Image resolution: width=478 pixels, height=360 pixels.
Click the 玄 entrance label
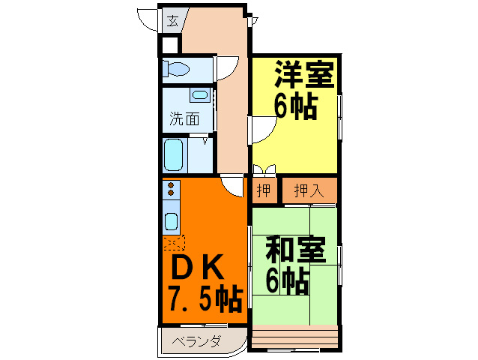(172, 21)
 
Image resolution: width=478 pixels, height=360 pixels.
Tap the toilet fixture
(176, 69)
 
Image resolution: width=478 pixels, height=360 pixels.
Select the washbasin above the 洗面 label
(200, 95)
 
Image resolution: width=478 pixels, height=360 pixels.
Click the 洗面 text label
(184, 118)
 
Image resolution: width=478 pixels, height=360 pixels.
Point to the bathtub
(174, 154)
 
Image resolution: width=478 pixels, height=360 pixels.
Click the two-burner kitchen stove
(171, 189)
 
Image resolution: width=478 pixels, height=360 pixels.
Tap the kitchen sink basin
(171, 221)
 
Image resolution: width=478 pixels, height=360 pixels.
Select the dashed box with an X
(174, 242)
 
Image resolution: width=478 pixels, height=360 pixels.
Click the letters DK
(197, 267)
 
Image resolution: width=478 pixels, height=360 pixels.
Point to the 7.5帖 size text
(206, 299)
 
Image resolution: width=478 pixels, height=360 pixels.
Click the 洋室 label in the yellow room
(304, 74)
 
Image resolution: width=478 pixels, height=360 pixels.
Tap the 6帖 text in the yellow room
(296, 106)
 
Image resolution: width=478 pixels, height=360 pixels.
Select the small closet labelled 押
(264, 190)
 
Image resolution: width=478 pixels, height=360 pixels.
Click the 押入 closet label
(309, 190)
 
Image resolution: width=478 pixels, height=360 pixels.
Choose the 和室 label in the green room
(296, 249)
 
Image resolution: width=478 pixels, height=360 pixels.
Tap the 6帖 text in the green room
(288, 280)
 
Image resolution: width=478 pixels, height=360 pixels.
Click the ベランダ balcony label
(196, 341)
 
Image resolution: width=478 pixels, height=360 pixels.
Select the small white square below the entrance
(169, 46)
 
